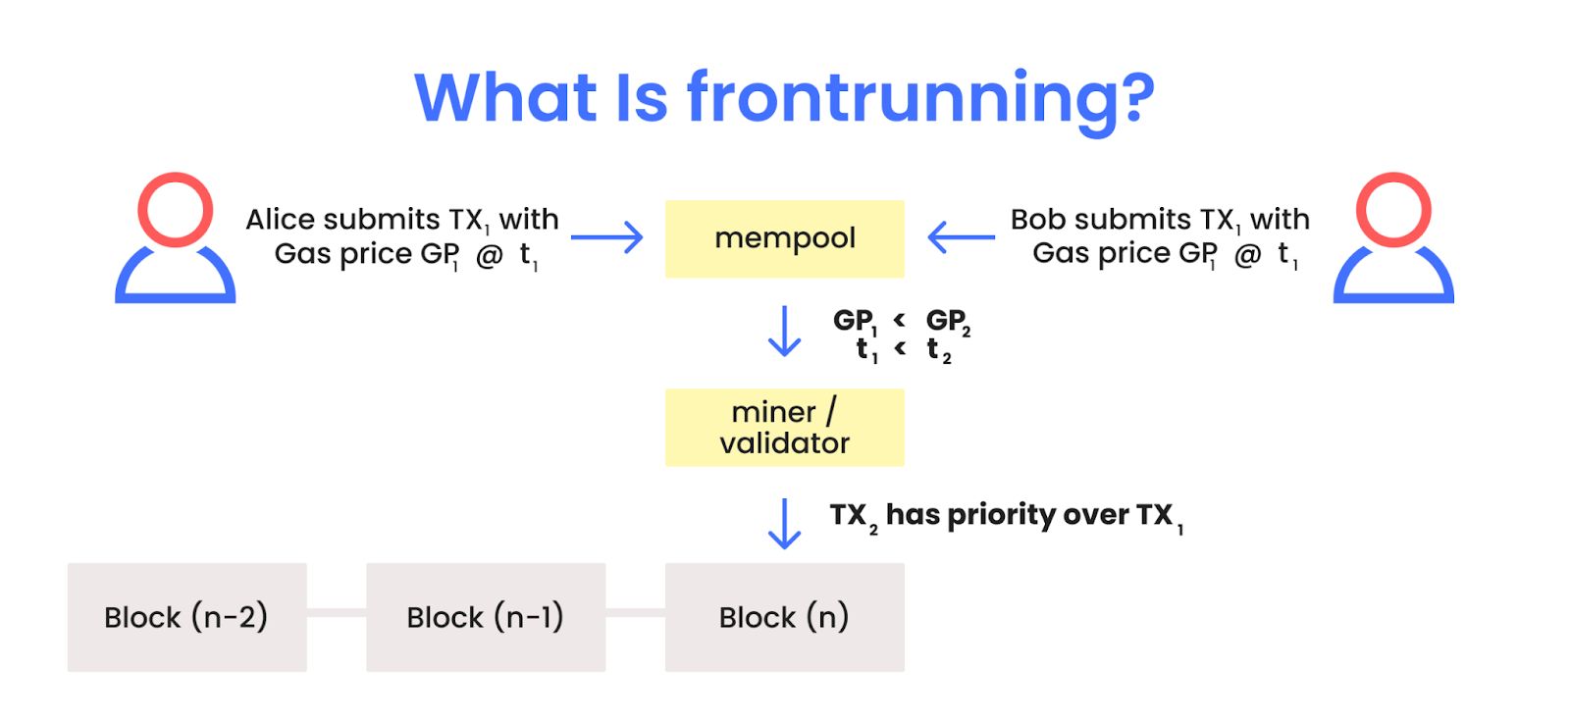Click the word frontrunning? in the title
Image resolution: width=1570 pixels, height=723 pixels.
pos(919,98)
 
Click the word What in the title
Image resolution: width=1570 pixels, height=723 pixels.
pos(505,98)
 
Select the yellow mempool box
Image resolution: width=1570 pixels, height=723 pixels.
pos(784,238)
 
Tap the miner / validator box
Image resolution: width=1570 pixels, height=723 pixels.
pos(784,427)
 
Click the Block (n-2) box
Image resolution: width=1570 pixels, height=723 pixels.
pos(186,617)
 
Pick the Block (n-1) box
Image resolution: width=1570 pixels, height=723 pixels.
pos(486,617)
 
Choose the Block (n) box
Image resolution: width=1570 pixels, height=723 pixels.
pos(784,617)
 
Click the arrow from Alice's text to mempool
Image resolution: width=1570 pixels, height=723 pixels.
pos(606,237)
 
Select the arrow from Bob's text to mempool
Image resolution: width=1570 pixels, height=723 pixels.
pos(961,237)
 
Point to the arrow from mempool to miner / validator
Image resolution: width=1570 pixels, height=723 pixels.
pos(784,331)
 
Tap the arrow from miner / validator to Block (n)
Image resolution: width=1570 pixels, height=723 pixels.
pos(784,523)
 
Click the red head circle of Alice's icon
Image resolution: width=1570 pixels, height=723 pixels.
pos(176,209)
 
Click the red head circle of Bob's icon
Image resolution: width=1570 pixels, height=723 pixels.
pos(1393,209)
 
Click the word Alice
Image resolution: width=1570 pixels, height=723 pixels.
pos(280,219)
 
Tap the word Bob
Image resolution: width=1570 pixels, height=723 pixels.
pos(1038,219)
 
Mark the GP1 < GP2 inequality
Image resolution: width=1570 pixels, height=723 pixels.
pos(901,321)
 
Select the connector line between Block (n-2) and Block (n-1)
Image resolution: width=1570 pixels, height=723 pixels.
pos(337,612)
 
